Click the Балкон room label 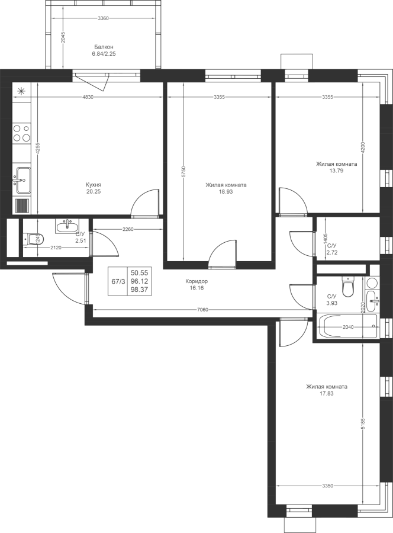click(x=104, y=47)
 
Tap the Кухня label click(x=94, y=185)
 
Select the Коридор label click(x=196, y=281)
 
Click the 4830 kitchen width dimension click(x=88, y=97)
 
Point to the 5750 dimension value click(x=183, y=172)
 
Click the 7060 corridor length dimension click(x=203, y=310)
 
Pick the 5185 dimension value click(x=363, y=423)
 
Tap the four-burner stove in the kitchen click(x=21, y=133)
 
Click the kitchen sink click(x=22, y=180)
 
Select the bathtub click(x=348, y=327)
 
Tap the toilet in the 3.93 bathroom click(x=348, y=287)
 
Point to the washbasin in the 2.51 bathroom click(x=67, y=226)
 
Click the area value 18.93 click(x=226, y=192)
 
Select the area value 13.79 click(x=336, y=171)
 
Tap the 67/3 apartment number click(x=118, y=281)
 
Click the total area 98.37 click(x=140, y=290)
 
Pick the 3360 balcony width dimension click(x=103, y=18)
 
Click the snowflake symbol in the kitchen click(x=21, y=91)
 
